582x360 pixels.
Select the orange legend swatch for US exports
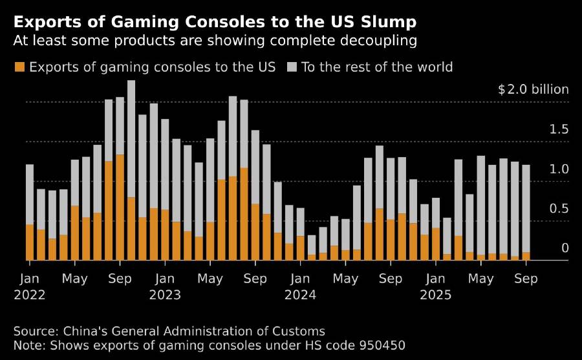pos(19,67)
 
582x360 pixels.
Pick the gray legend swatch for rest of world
pos(292,67)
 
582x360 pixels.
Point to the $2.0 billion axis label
pos(533,89)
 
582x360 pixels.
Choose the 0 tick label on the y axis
pos(565,249)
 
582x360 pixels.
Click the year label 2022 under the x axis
pos(30,295)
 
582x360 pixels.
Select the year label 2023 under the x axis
pos(165,295)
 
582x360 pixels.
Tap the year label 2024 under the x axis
pos(300,295)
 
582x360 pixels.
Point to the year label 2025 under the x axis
pos(435,295)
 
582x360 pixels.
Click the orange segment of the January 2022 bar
pos(30,242)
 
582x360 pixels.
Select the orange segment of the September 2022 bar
pos(120,207)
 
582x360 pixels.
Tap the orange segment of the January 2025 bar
pos(436,244)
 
